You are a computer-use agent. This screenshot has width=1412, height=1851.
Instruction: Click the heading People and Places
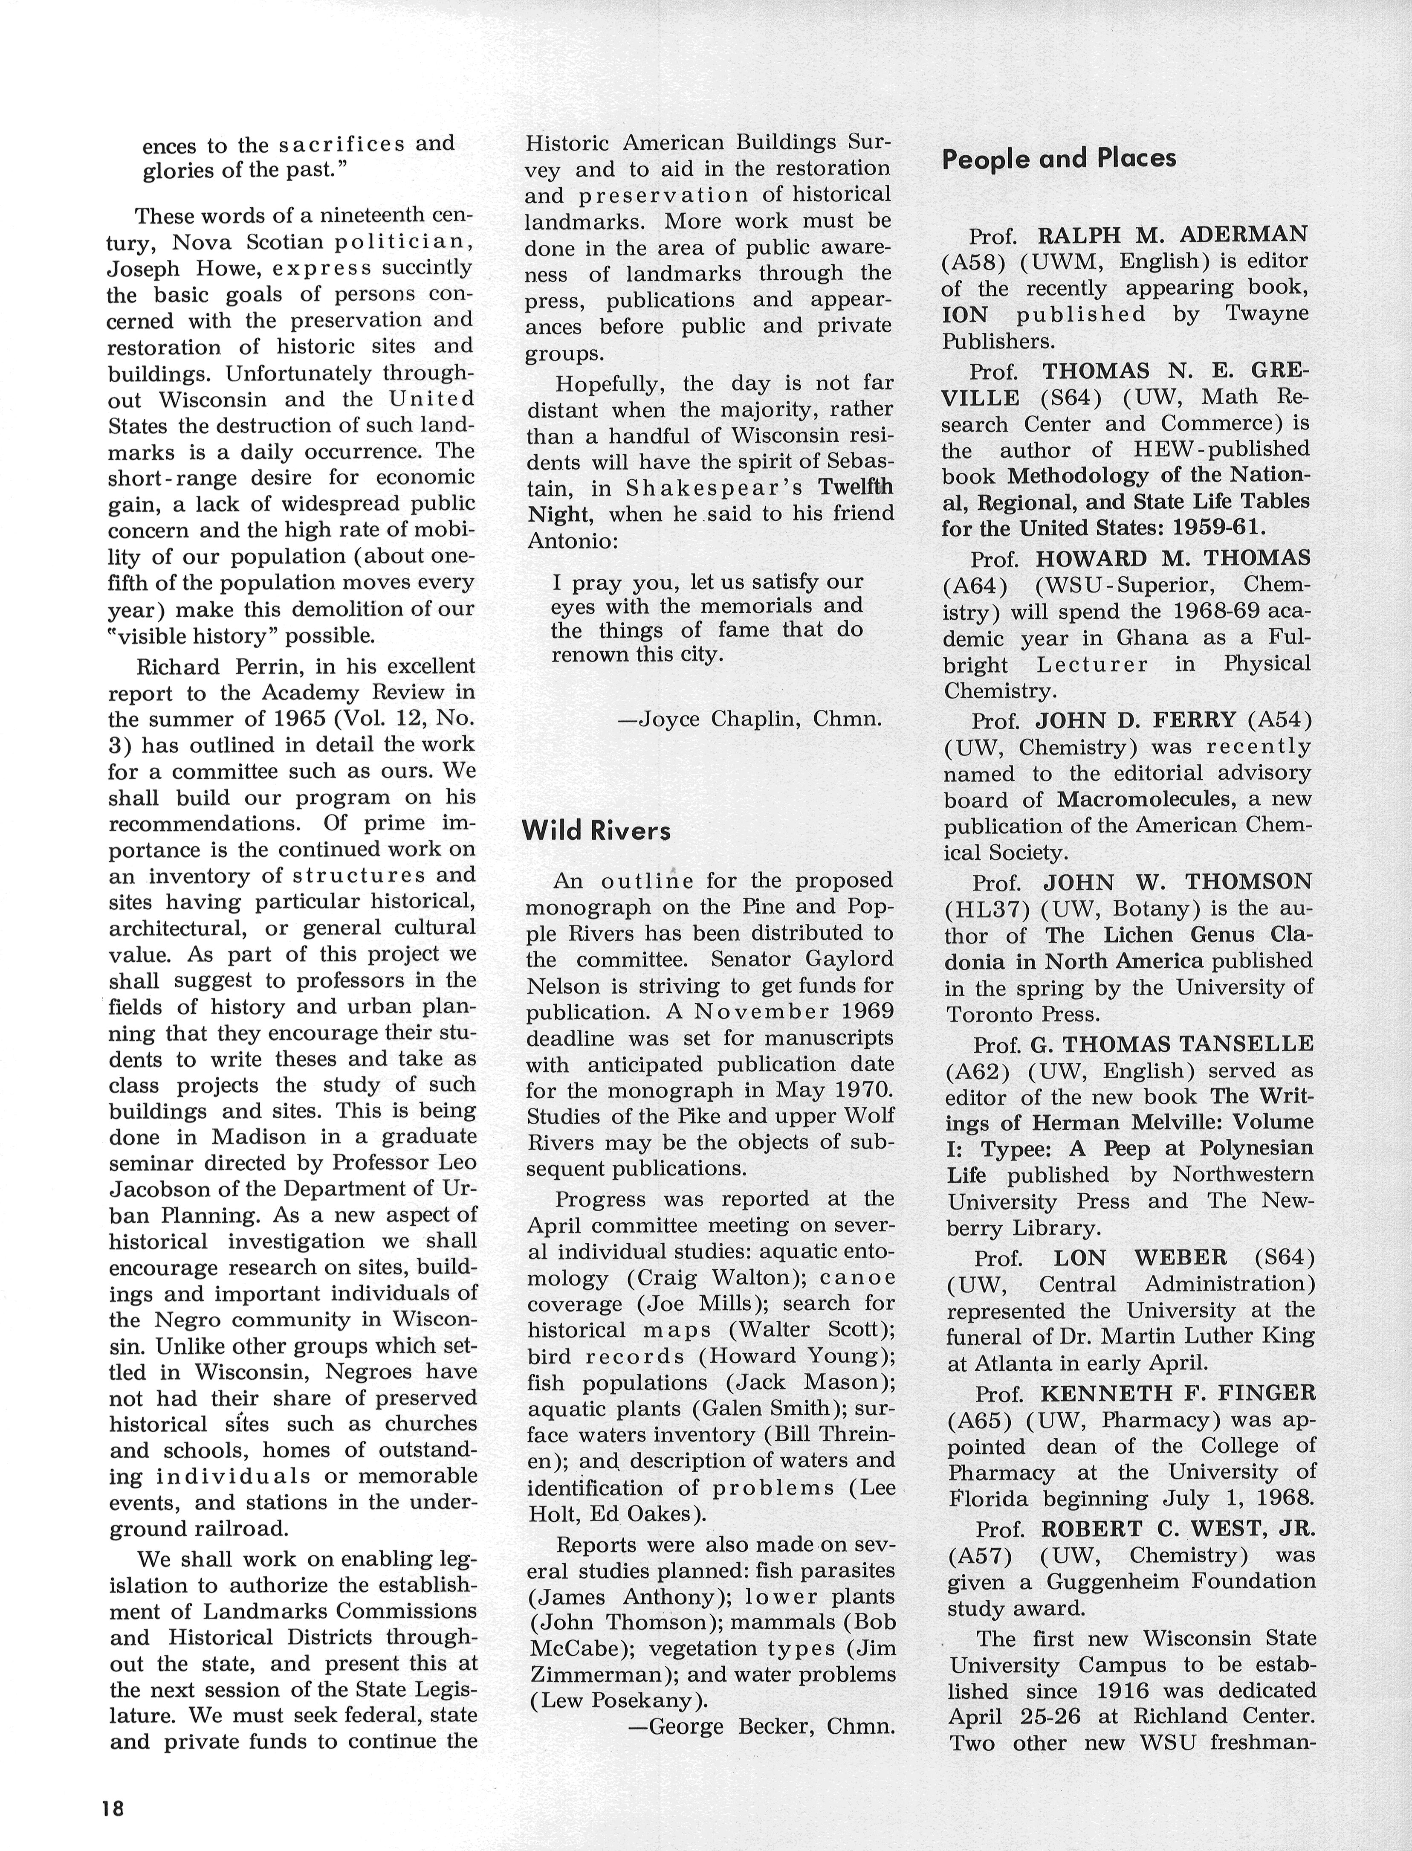tap(1058, 158)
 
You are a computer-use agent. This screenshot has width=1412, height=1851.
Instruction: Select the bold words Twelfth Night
tap(706, 500)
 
